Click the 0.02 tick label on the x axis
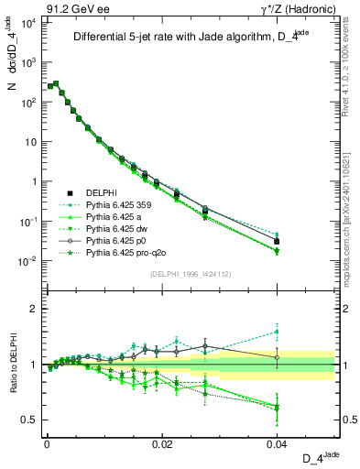161,443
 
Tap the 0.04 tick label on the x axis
278,443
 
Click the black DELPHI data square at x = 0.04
278,241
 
